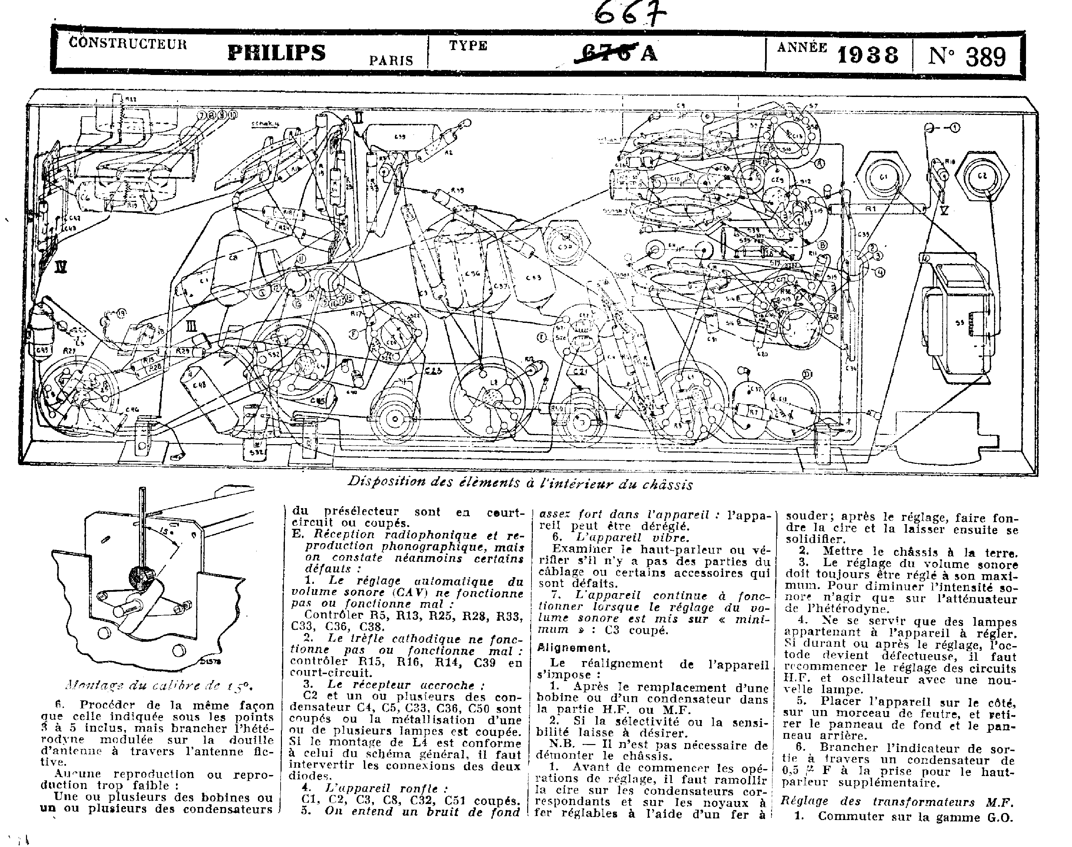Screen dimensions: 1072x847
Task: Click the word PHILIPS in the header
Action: click(x=276, y=53)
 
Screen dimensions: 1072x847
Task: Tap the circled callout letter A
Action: click(x=819, y=163)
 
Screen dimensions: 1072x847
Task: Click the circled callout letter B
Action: click(x=822, y=246)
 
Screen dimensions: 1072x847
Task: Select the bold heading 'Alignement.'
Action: click(x=573, y=648)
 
